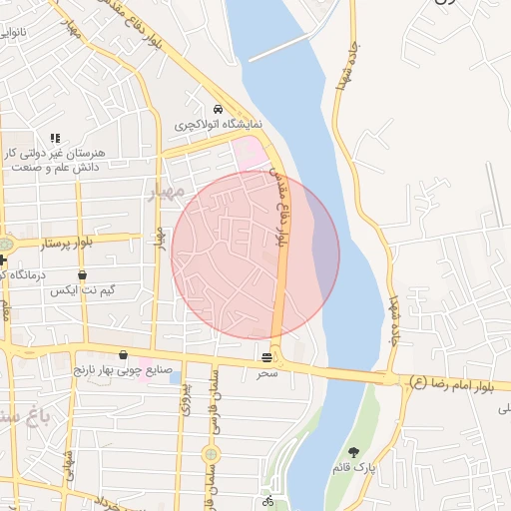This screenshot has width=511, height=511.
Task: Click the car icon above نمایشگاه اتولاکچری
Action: (218, 110)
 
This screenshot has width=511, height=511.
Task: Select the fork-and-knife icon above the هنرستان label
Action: (55, 138)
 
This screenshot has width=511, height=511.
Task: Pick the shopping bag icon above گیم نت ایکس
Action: (82, 274)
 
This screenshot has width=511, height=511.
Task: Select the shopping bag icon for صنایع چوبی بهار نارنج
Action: (123, 355)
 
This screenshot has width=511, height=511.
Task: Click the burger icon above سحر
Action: (267, 357)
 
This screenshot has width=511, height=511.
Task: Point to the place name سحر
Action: (267, 371)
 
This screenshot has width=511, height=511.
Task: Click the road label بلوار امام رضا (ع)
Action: (460, 382)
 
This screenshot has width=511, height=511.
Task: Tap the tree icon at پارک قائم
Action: (353, 452)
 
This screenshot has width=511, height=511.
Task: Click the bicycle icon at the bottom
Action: (267, 501)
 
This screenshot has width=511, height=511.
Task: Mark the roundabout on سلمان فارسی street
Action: (210, 455)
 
